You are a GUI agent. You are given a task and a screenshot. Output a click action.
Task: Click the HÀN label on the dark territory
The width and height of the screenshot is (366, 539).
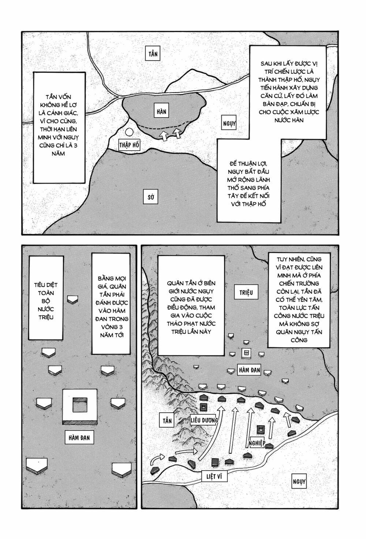[161, 111]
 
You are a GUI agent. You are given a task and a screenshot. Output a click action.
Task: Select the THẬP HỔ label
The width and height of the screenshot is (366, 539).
[129, 145]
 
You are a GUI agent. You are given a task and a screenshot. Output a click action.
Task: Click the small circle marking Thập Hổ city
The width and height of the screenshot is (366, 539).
[129, 133]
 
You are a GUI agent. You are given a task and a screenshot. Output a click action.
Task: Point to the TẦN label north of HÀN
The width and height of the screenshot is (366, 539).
[153, 54]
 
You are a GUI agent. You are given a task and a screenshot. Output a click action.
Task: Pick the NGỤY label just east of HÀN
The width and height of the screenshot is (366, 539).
[229, 124]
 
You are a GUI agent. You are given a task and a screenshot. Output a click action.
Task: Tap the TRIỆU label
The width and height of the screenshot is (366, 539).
[246, 292]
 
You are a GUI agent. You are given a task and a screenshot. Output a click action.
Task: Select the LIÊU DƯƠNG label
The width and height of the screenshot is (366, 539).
[204, 420]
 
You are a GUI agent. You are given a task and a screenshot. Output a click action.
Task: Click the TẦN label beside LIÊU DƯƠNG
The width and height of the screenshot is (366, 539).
[167, 420]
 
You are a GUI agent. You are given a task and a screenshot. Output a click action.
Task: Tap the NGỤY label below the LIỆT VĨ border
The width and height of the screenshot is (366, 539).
[298, 482]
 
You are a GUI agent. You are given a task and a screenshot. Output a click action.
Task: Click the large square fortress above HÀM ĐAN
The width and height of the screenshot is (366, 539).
[80, 406]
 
